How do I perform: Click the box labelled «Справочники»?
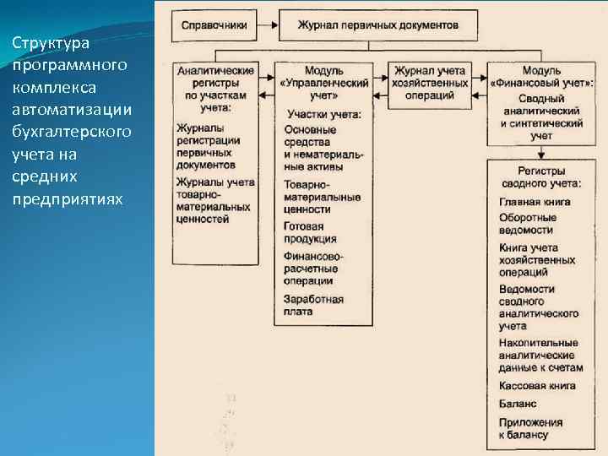click(x=214, y=25)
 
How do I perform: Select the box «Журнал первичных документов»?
click(x=377, y=25)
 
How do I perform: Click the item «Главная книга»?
click(x=535, y=202)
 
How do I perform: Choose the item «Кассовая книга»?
click(x=537, y=386)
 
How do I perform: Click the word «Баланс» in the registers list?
click(x=518, y=404)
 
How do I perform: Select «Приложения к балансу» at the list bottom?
click(x=530, y=428)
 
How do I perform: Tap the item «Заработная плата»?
click(x=314, y=305)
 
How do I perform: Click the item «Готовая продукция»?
click(x=311, y=232)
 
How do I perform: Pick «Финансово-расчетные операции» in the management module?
click(x=314, y=269)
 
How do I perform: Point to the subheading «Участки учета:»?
click(x=324, y=114)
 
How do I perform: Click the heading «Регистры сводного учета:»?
click(x=540, y=177)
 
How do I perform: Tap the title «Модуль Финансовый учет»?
click(x=541, y=77)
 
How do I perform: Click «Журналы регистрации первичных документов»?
click(x=209, y=146)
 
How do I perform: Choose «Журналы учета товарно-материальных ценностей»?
click(x=215, y=200)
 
